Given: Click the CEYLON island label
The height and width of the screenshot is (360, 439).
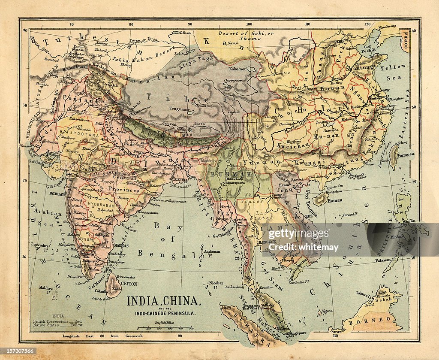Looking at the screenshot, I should tap(129, 284).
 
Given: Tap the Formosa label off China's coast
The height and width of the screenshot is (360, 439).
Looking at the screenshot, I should tap(406, 154).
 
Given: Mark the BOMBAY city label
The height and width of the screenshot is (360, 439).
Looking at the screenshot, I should tap(58, 194).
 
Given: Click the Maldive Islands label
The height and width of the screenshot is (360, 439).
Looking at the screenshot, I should tap(45, 288).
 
